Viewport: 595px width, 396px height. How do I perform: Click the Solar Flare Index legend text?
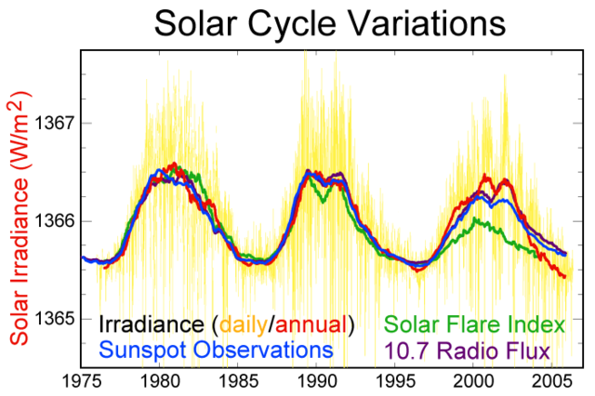[474, 324]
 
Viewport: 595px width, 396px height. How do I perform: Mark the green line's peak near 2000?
[476, 219]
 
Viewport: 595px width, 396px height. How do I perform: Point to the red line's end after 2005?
[564, 277]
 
